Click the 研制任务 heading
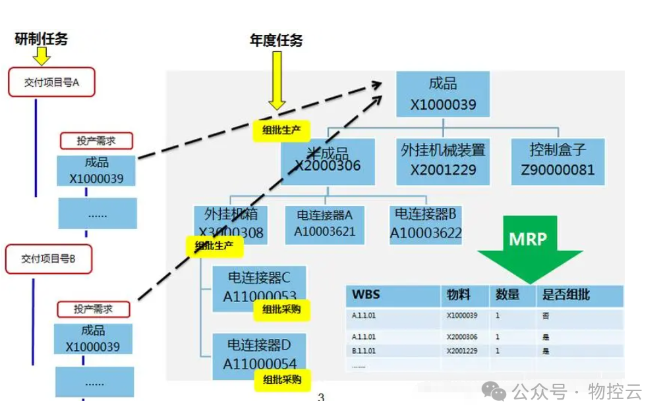tap(41, 39)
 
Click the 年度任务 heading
tap(275, 40)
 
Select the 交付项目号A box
tap(51, 82)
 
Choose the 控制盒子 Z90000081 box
tap(558, 159)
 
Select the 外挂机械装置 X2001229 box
tap(443, 160)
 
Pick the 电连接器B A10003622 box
tap(425, 223)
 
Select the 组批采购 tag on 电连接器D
tap(281, 379)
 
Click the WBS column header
tap(366, 295)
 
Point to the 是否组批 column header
tap(565, 295)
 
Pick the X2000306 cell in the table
tap(462, 337)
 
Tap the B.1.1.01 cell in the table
tap(364, 351)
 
